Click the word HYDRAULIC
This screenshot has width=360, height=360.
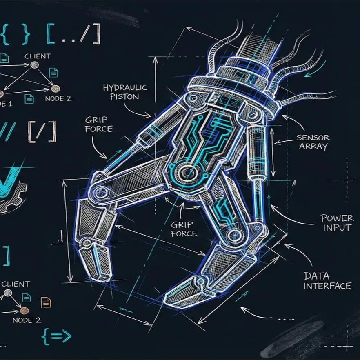click(125, 87)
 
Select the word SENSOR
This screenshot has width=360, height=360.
click(313, 138)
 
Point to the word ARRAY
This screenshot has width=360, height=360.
click(313, 147)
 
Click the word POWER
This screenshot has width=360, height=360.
click(337, 218)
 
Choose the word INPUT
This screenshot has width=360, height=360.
click(337, 228)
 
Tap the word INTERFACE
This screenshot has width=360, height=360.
click(327, 286)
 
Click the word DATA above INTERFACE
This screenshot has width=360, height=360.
click(316, 276)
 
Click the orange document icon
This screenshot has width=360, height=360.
click(46, 302)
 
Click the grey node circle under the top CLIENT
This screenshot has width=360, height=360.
click(35, 65)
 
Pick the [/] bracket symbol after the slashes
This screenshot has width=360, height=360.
click(42, 131)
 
